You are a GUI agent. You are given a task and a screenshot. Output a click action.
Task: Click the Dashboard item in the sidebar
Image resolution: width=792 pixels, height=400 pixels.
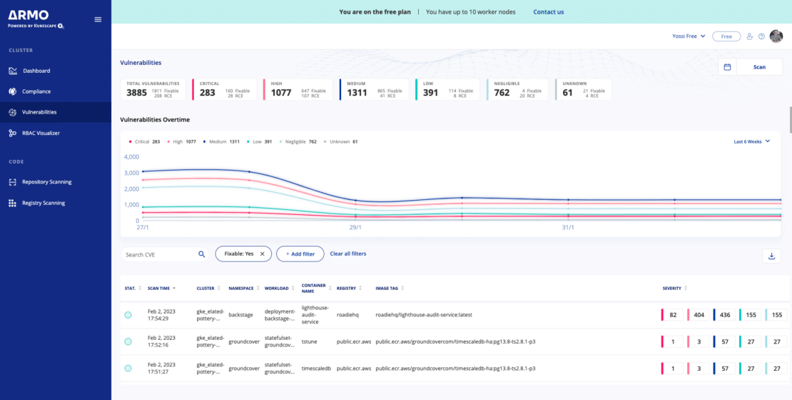tap(36, 71)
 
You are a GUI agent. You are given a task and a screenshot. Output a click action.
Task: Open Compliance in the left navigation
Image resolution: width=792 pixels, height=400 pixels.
tap(36, 91)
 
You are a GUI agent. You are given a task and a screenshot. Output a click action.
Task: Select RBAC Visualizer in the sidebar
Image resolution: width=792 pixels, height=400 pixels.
tap(41, 133)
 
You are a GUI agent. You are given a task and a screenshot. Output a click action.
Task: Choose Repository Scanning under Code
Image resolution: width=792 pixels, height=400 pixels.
tap(46, 182)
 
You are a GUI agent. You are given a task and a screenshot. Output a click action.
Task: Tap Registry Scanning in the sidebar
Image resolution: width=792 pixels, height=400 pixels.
tap(43, 203)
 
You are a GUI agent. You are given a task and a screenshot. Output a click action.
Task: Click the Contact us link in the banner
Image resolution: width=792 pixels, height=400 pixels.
tap(548, 12)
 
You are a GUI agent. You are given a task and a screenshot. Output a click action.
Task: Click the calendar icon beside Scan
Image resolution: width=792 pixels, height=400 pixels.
tap(727, 67)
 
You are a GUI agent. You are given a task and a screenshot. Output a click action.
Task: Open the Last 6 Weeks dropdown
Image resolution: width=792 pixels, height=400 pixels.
tap(752, 141)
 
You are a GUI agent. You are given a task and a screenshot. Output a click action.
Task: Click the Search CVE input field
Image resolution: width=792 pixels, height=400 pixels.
tap(160, 254)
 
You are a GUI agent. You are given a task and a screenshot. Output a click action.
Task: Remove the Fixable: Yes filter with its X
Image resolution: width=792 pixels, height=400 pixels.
tap(262, 254)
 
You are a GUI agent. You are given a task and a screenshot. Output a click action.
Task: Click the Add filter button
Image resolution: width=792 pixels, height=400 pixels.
tap(300, 254)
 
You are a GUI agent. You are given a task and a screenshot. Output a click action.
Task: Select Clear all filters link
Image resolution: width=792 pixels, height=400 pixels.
tap(347, 254)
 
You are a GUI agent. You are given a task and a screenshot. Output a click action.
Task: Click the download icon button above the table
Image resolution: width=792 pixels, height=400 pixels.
tap(771, 256)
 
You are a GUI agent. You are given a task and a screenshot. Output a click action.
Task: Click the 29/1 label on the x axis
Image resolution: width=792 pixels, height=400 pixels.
tap(355, 227)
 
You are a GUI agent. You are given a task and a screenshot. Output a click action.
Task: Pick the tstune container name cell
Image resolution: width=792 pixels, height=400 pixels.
tap(310, 341)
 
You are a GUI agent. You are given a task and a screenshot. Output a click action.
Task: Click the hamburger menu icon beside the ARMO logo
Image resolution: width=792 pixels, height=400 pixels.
tap(98, 19)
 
